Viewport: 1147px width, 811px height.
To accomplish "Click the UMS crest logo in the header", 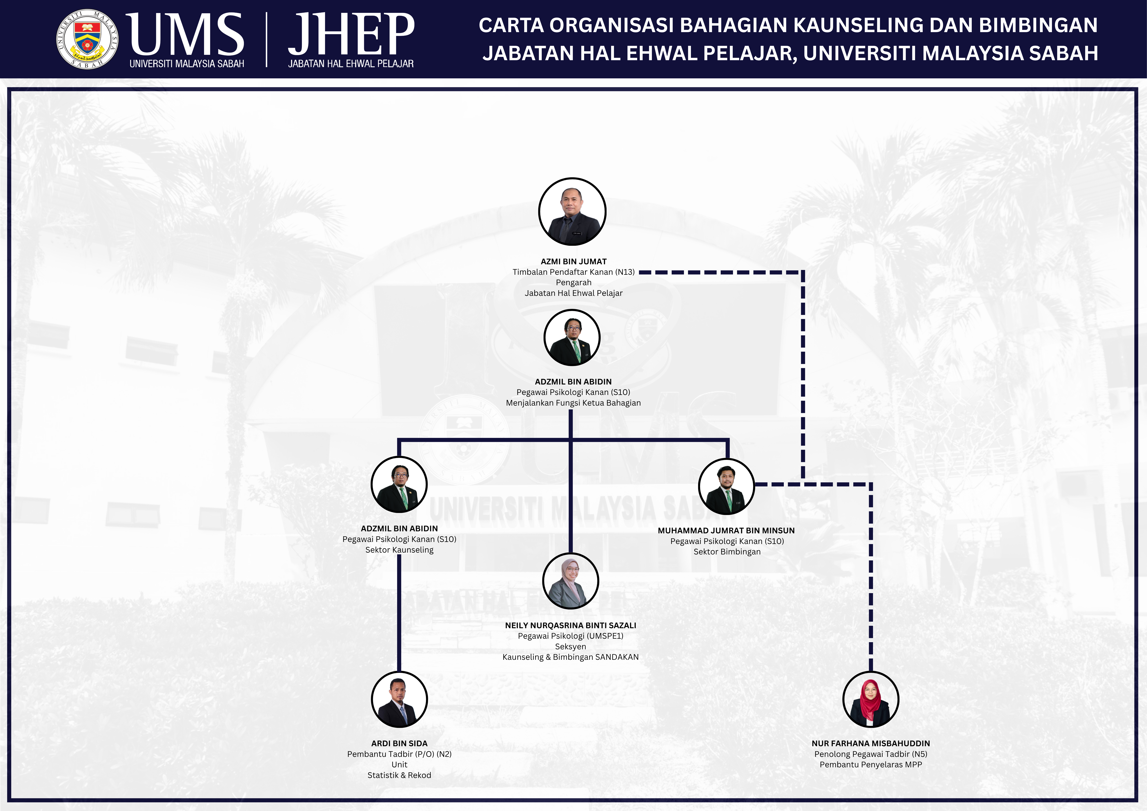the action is coord(87,39).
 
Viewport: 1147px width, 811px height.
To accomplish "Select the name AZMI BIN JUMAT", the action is coord(573,261).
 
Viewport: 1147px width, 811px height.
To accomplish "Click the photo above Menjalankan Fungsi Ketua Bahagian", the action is coord(571,337).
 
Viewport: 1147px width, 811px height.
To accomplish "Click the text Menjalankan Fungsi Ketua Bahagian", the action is coord(573,403).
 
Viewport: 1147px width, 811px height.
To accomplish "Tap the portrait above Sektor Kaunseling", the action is coord(399,484).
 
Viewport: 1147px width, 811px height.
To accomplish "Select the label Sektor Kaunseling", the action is coord(399,550).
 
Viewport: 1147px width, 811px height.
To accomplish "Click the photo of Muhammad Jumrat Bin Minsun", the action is coord(726,486).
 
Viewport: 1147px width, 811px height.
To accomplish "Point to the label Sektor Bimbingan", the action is coord(727,552).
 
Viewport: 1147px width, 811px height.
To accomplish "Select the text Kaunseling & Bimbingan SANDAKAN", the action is coord(571,657).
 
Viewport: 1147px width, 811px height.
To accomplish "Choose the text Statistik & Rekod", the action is coord(399,775).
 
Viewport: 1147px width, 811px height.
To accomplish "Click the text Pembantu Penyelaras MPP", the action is coord(871,765).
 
